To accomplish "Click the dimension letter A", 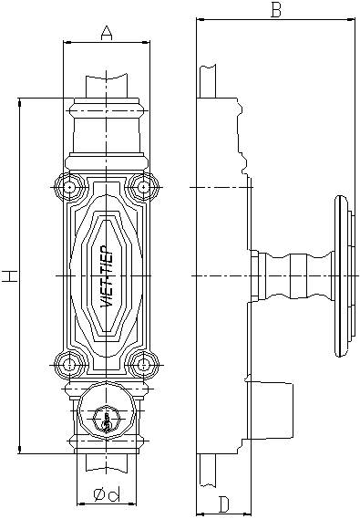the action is [106, 34].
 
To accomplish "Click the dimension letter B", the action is [276, 10].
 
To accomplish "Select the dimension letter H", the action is [10, 275].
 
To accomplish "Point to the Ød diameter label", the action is [107, 495].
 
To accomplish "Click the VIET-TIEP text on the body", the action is [108, 276].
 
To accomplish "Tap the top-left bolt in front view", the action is [70, 187].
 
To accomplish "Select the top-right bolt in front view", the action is [143, 187].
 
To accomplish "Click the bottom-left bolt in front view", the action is [70, 365].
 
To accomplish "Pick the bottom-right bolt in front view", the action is [143, 365].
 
